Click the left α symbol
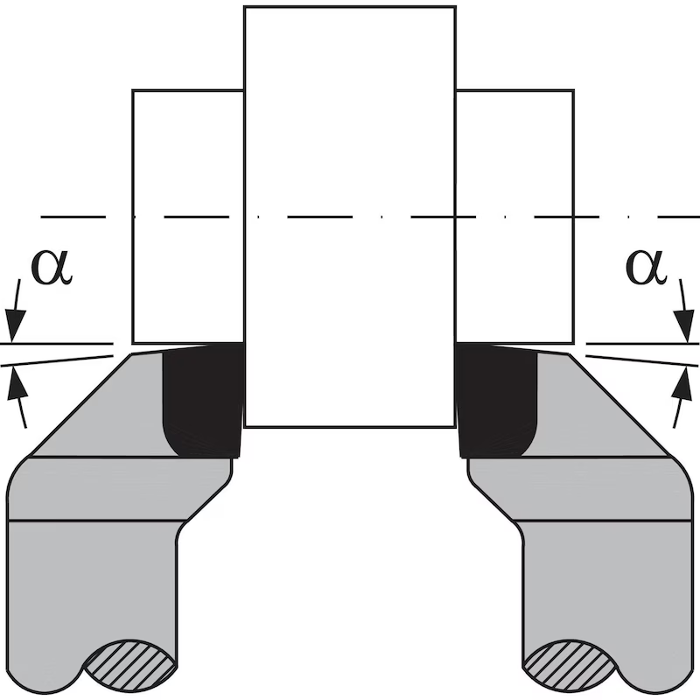(52, 268)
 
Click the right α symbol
(647, 268)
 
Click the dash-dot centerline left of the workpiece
(74, 216)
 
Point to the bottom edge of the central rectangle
(349, 427)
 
